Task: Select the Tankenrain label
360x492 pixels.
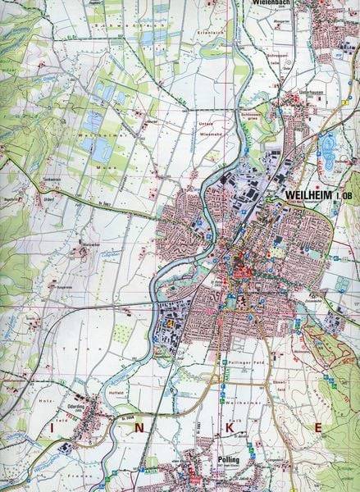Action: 30,179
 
